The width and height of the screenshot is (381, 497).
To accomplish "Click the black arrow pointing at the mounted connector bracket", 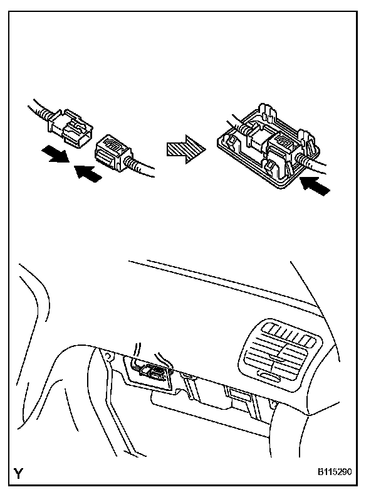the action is (x=313, y=185).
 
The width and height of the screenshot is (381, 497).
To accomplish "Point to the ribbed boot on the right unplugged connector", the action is (x=131, y=164).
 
